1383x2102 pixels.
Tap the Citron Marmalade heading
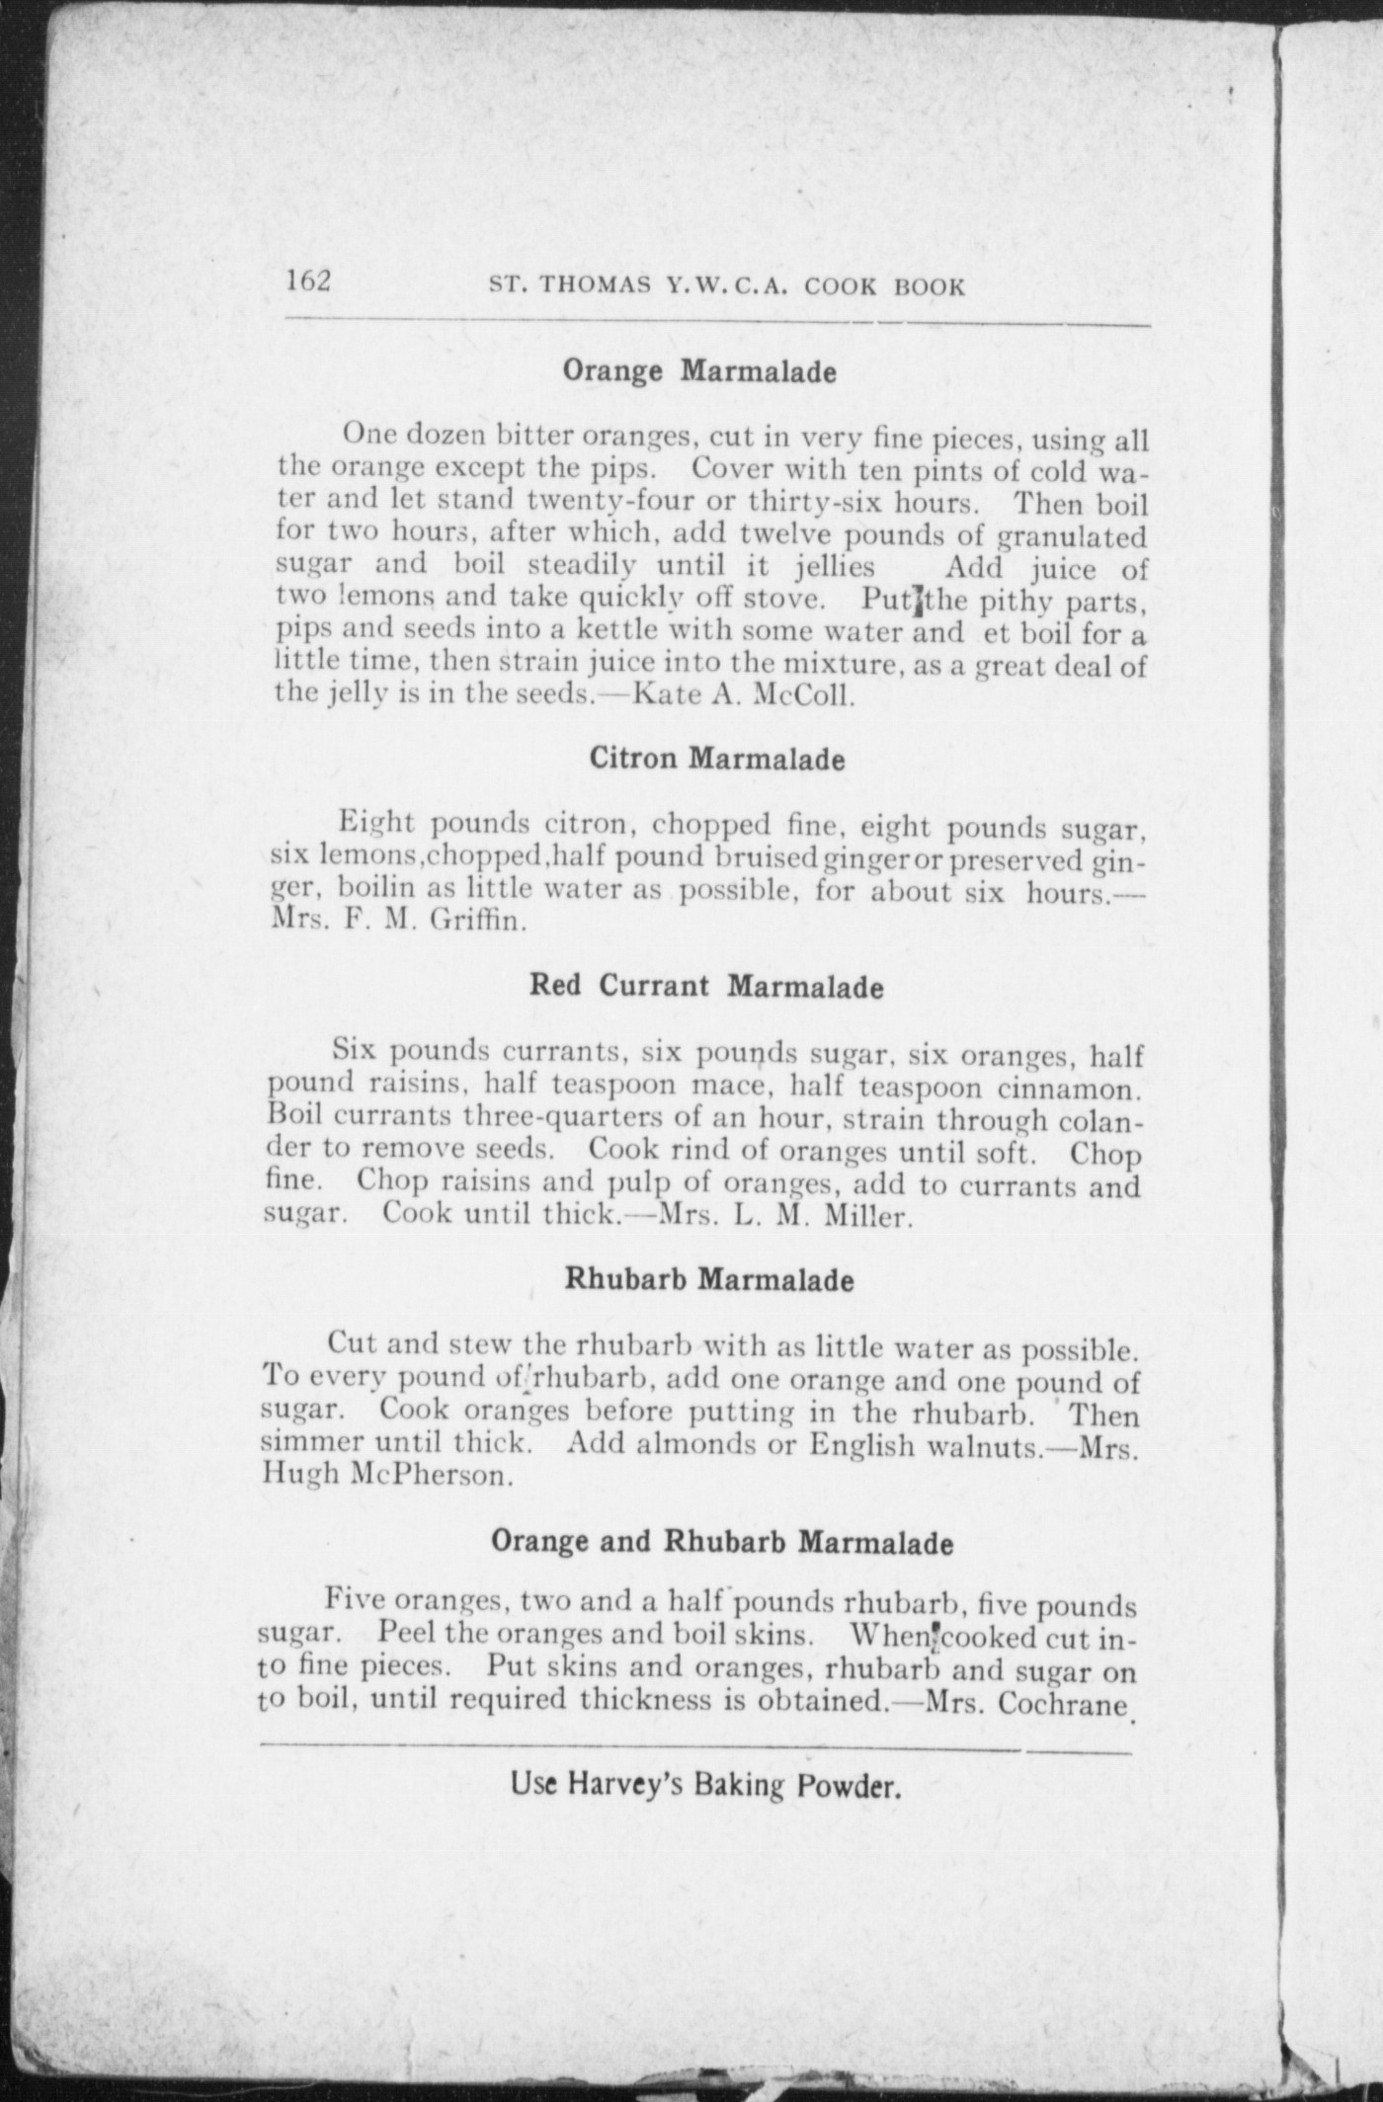pos(717,760)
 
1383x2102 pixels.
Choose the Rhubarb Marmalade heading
pos(708,1280)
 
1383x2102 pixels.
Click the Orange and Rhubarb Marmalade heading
pos(722,1542)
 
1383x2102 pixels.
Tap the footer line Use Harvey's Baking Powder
pos(705,1785)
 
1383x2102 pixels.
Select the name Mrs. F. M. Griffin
pos(396,923)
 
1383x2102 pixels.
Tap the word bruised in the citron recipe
pos(768,857)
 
